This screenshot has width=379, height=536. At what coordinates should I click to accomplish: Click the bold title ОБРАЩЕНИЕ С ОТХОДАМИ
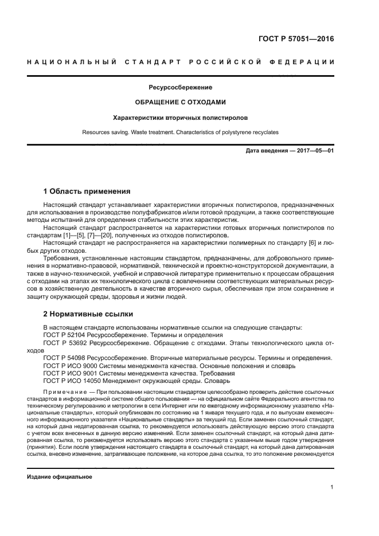pyautogui.click(x=181, y=103)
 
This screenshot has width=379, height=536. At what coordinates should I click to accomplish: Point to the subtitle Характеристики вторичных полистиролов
pyautogui.click(x=181, y=118)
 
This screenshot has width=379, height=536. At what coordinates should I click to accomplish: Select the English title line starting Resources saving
pyautogui.click(x=181, y=132)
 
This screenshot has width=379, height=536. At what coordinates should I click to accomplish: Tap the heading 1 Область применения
pyautogui.click(x=87, y=191)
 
